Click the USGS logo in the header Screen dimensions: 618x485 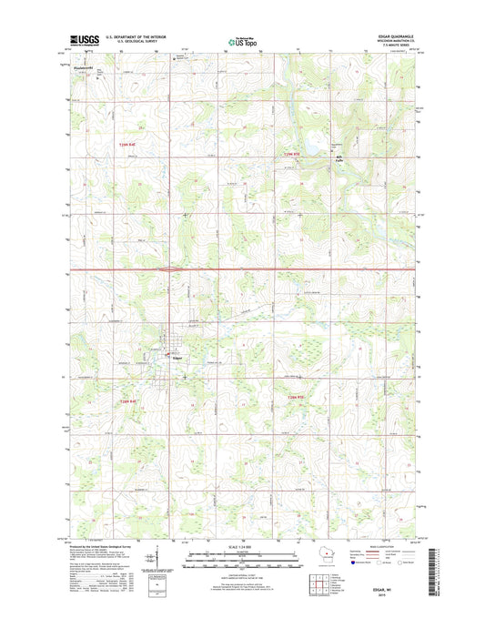click(x=84, y=40)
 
